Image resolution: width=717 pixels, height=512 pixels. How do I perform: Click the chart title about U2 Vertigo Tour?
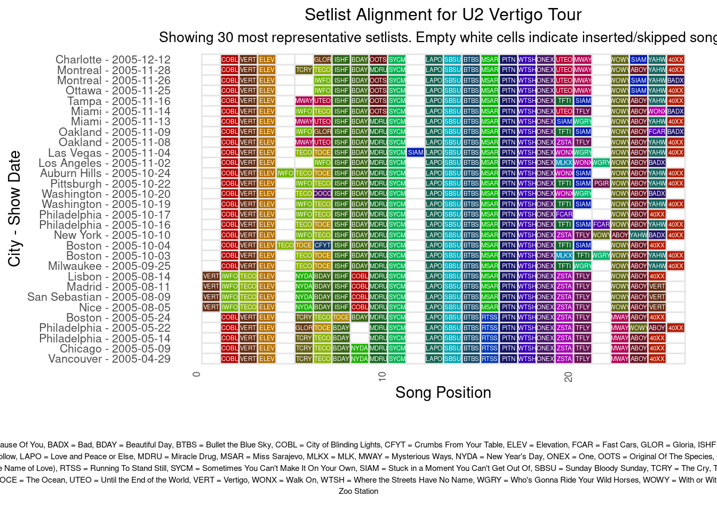click(x=443, y=15)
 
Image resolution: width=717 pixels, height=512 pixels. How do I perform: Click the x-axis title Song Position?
click(x=443, y=393)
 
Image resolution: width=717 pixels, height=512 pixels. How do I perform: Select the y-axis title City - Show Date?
click(x=14, y=209)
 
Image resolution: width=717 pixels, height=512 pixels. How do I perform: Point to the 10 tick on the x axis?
click(x=382, y=377)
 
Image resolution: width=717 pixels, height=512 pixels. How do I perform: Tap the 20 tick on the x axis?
click(x=569, y=377)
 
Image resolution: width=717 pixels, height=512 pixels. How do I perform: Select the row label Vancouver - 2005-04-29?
click(x=109, y=359)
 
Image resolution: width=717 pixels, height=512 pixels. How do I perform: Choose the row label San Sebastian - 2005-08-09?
click(x=99, y=297)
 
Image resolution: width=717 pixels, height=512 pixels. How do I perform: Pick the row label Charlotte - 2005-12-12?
click(x=113, y=60)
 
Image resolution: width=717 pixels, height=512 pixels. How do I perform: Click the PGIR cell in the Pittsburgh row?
click(x=601, y=183)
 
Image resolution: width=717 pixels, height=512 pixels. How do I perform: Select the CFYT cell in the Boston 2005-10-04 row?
click(x=322, y=245)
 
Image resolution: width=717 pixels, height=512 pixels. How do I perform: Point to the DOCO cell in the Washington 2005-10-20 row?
click(x=322, y=194)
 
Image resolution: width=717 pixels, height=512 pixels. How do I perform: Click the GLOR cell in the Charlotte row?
click(x=322, y=60)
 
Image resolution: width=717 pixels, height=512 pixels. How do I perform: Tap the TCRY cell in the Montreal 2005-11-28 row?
click(x=304, y=70)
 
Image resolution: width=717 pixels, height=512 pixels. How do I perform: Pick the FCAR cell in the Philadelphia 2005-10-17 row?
click(x=564, y=214)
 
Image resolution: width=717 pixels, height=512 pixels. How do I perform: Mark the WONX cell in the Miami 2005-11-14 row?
click(x=657, y=111)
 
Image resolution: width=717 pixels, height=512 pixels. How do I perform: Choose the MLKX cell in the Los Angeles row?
click(x=564, y=163)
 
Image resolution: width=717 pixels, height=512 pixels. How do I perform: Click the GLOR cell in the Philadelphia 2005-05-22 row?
click(x=304, y=328)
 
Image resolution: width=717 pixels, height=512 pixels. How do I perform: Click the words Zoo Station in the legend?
click(x=359, y=491)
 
